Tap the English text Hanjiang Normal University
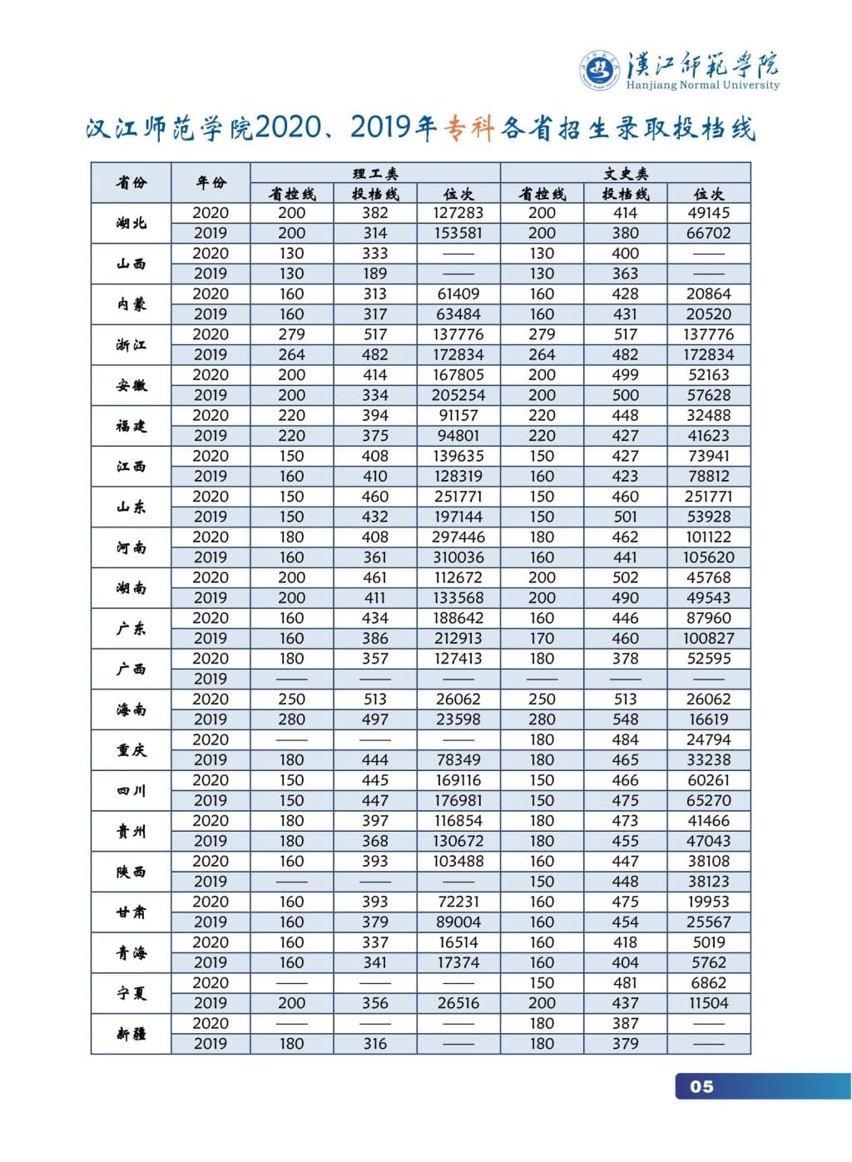pyautogui.click(x=702, y=85)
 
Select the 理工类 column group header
pyautogui.click(x=375, y=173)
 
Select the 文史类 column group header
pyautogui.click(x=625, y=173)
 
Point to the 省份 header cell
pyautogui.click(x=131, y=182)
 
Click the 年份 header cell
pyautogui.click(x=211, y=182)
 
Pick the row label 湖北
pyautogui.click(x=131, y=223)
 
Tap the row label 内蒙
pyautogui.click(x=131, y=304)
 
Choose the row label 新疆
pyautogui.click(x=131, y=1033)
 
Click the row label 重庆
pyautogui.click(x=131, y=749)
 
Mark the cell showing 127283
pyautogui.click(x=458, y=213)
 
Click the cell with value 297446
pyautogui.click(x=458, y=537)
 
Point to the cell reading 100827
pyautogui.click(x=709, y=638)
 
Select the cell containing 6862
pyautogui.click(x=709, y=982)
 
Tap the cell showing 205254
pyautogui.click(x=458, y=395)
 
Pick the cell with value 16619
pyautogui.click(x=709, y=719)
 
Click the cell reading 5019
pyautogui.click(x=709, y=942)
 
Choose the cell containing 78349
pyautogui.click(x=458, y=759)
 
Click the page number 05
pyautogui.click(x=701, y=1086)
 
